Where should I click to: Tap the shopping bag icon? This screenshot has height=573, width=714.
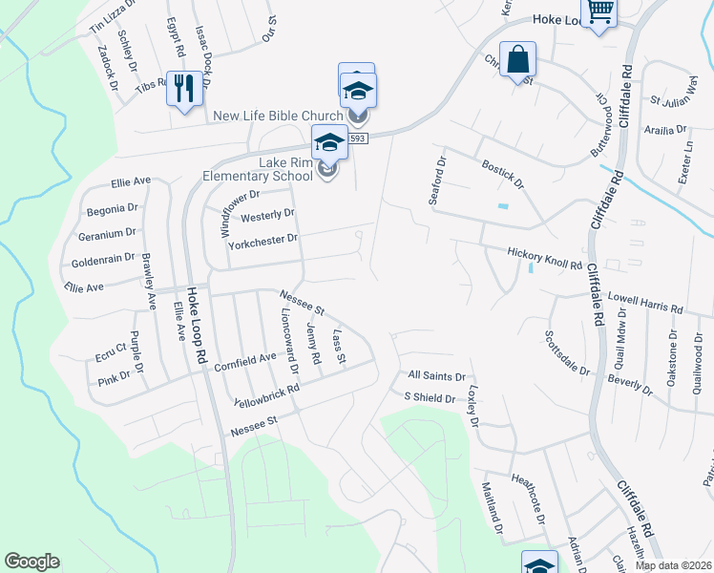coord(516,59)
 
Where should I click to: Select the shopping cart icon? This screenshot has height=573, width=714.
coord(599,11)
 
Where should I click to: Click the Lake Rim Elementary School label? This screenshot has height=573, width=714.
coord(258,169)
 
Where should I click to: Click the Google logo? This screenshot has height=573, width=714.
coord(31,562)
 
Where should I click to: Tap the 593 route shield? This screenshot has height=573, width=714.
coord(358,138)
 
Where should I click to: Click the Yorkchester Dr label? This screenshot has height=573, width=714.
coord(263,241)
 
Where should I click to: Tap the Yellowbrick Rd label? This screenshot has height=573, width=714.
coord(266,395)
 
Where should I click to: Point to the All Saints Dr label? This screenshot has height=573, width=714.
coord(435,377)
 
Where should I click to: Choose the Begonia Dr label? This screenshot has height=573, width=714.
coord(113,208)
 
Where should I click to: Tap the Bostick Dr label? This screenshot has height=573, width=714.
coord(502,174)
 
